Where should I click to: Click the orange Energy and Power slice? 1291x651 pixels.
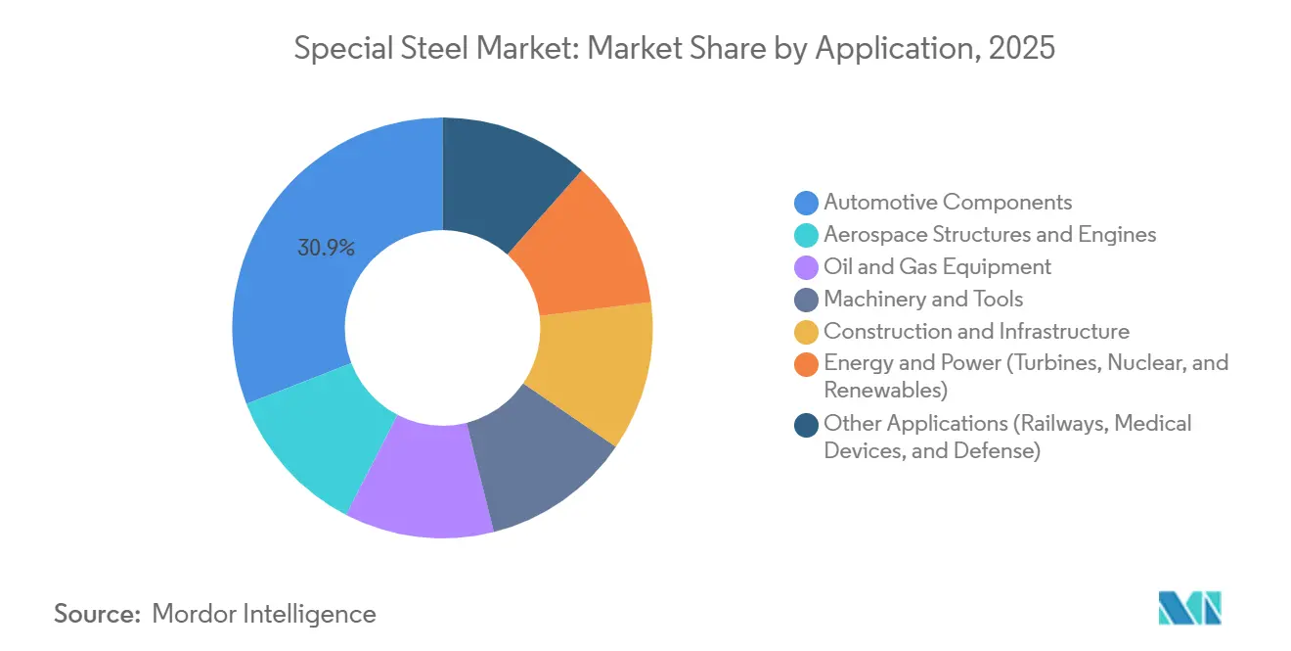(x=582, y=250)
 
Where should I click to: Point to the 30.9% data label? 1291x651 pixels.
(x=326, y=248)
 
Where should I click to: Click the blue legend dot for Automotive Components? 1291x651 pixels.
(x=807, y=203)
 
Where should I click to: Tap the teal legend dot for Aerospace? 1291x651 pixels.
(x=807, y=235)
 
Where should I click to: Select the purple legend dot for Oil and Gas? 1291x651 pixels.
(x=807, y=267)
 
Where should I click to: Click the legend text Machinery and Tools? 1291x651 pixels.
(x=923, y=299)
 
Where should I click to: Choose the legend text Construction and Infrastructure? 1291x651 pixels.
(x=976, y=331)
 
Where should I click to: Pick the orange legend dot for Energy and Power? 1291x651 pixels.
(x=807, y=364)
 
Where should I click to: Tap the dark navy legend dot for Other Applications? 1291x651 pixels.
(x=807, y=424)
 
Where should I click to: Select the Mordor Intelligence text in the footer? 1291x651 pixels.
(x=264, y=614)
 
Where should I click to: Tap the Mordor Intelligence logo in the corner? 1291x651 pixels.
(x=1189, y=608)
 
